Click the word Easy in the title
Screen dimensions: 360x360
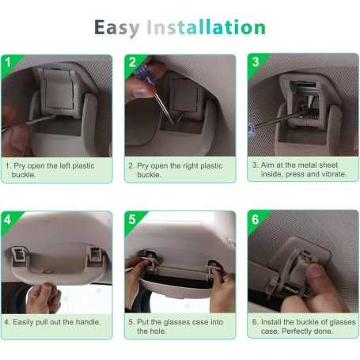117,28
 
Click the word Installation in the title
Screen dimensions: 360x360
207,27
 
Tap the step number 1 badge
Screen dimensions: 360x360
8,63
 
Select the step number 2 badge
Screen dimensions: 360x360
132,63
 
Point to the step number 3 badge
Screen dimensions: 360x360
256,62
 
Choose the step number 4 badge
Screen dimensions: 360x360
7,219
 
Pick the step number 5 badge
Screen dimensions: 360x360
132,219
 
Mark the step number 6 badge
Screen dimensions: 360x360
255,219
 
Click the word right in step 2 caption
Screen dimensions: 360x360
188,166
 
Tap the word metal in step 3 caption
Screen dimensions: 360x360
309,165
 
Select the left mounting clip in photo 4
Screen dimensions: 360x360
19,255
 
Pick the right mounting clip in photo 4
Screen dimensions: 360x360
95,255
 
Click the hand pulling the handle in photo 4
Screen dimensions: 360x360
44,297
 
